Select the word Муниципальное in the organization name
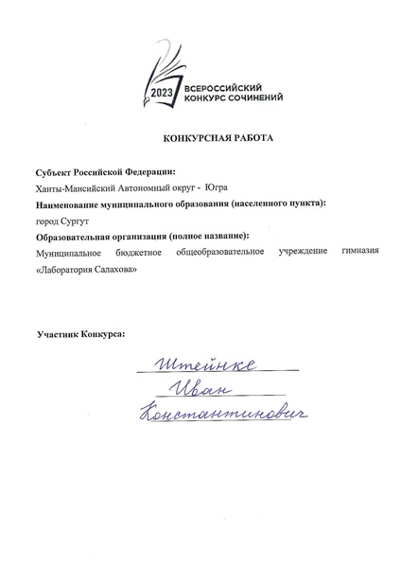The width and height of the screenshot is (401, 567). click(x=68, y=252)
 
